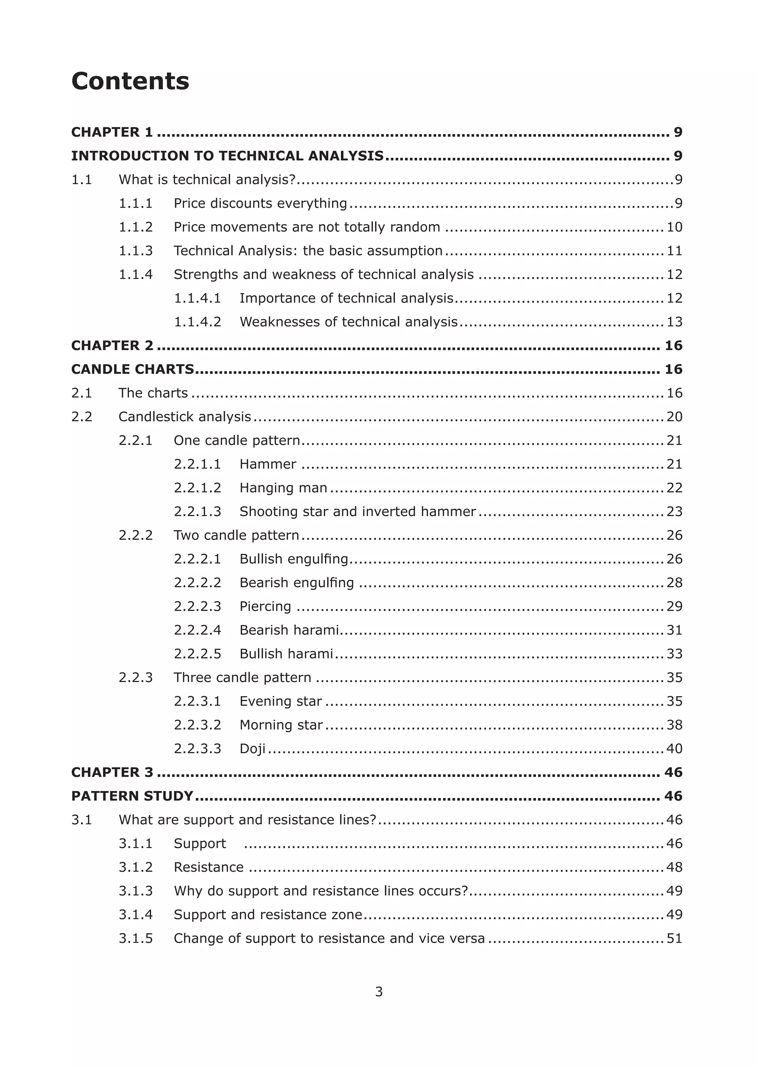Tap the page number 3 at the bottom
pyautogui.click(x=379, y=991)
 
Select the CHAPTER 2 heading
pyautogui.click(x=112, y=345)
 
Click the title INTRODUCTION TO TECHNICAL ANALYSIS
pyautogui.click(x=227, y=156)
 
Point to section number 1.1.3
pyautogui.click(x=135, y=251)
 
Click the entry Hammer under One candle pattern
pyautogui.click(x=268, y=464)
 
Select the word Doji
pyautogui.click(x=252, y=748)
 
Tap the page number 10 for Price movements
pyautogui.click(x=674, y=227)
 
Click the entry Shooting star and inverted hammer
pyautogui.click(x=358, y=512)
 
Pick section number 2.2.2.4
pyautogui.click(x=197, y=630)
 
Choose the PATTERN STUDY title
pyautogui.click(x=132, y=796)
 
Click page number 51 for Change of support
pyautogui.click(x=674, y=938)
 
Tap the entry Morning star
pyautogui.click(x=281, y=725)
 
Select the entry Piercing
pyautogui.click(x=265, y=606)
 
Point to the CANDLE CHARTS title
pyautogui.click(x=133, y=369)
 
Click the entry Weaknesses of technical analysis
pyautogui.click(x=348, y=322)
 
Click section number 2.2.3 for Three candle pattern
pyautogui.click(x=135, y=677)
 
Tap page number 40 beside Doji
pyautogui.click(x=674, y=748)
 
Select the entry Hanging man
pyautogui.click(x=283, y=488)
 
